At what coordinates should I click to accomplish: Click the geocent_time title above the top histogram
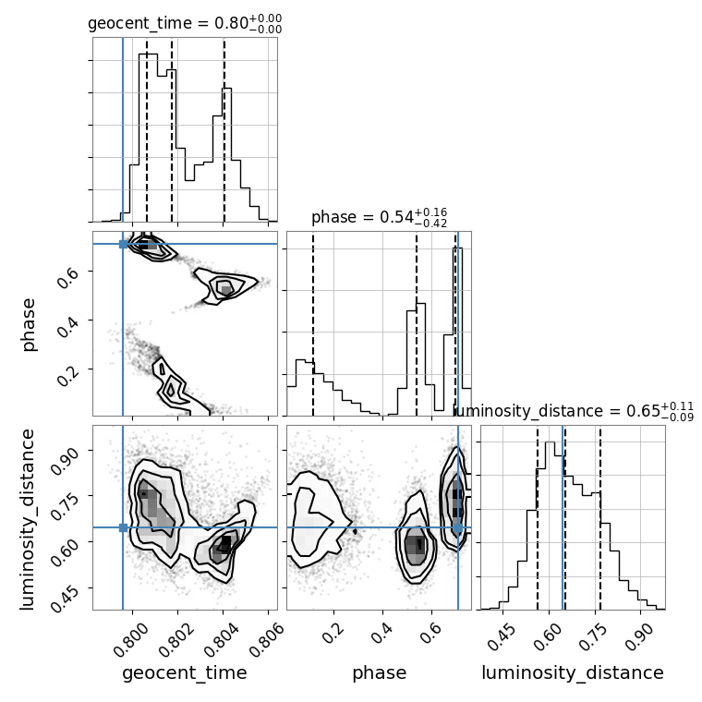pos(185,24)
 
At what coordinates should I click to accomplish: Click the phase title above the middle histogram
pos(379,218)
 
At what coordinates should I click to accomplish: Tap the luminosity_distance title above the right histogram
pos(574,412)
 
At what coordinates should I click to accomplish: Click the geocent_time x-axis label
pos(185,673)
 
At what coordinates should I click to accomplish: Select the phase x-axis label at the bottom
pos(379,673)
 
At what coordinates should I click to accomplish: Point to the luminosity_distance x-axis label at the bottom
pos(573,673)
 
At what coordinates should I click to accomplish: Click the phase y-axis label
pos(30,324)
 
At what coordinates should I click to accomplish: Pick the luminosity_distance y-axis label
pos(28,517)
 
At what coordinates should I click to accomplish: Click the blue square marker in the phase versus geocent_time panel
pos(123,244)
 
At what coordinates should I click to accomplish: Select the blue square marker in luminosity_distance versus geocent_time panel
pos(123,527)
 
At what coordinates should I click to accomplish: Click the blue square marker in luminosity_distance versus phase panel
pos(457,527)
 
